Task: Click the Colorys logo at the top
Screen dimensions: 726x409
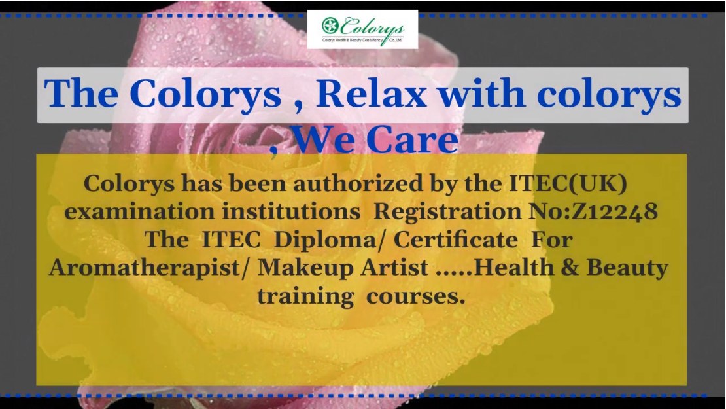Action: [x=362, y=29]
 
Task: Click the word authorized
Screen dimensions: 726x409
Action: [x=358, y=183]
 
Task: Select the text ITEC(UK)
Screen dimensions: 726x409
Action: [x=568, y=183]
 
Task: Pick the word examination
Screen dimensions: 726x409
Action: [x=139, y=211]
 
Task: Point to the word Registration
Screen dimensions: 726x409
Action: [x=447, y=211]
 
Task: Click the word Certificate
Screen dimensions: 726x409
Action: [x=455, y=240]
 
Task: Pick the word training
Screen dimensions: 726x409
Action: [x=305, y=296]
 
